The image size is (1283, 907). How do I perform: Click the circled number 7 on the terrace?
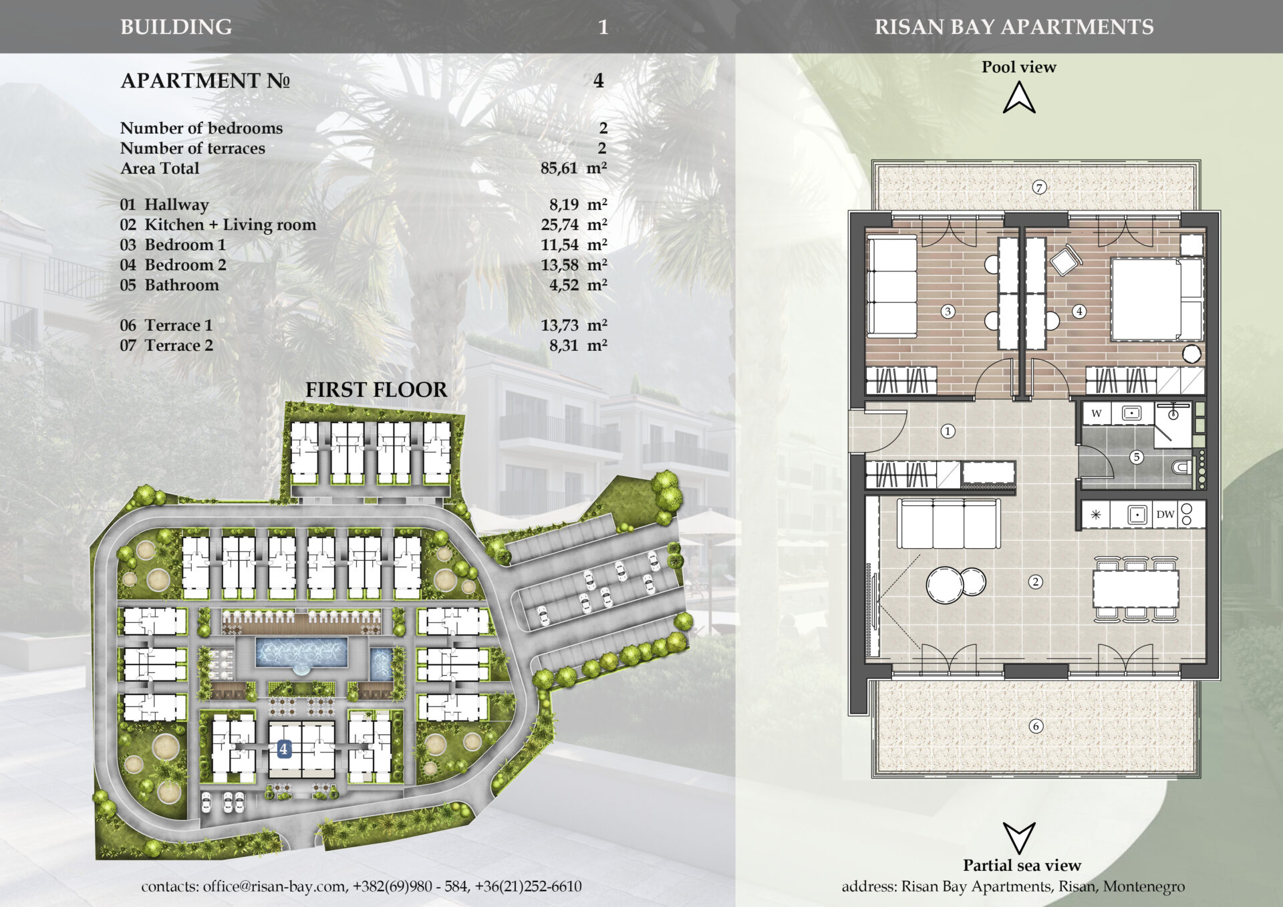1038,187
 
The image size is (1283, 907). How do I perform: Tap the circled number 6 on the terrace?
1036,726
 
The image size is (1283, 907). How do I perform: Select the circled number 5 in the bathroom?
1136,457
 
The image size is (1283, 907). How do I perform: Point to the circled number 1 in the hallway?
948,431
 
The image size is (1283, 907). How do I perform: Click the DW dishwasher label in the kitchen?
1165,514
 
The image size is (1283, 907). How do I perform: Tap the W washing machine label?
1097,413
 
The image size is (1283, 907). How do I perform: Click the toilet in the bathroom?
1181,467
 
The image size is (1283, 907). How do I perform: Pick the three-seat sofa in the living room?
949,523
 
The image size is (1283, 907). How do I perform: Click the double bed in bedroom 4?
1157,299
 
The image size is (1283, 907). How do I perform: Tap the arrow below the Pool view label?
1019,98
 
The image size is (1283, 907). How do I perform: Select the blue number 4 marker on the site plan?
284,749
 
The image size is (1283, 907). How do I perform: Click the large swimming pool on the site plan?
301,652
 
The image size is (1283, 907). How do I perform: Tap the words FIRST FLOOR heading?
376,390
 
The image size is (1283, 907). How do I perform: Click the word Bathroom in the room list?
182,285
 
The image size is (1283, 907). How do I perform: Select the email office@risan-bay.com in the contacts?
275,886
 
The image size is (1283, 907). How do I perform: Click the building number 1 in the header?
603,27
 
